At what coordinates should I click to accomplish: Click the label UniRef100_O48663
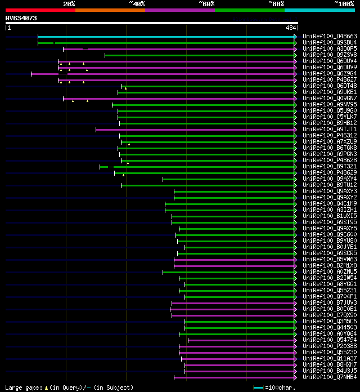point(329,37)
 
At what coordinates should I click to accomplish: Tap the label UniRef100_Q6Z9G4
point(329,74)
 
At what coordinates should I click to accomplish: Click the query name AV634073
point(21,18)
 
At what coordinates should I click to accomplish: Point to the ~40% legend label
point(137,4)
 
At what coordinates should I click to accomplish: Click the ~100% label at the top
point(344,4)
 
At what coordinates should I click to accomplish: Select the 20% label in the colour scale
point(69,4)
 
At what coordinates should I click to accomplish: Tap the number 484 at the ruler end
point(291,28)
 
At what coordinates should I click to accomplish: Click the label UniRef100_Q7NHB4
point(329,377)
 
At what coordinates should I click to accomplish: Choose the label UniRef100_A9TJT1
point(329,130)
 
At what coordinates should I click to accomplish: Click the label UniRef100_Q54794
point(329,340)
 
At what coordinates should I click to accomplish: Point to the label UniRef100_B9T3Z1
point(329,167)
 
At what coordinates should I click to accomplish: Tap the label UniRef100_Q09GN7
point(329,99)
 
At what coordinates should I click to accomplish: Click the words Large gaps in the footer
point(23,387)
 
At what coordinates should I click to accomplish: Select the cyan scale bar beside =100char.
point(258,387)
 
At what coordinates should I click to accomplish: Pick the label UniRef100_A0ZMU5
point(329,272)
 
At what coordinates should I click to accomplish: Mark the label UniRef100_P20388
point(329,346)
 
